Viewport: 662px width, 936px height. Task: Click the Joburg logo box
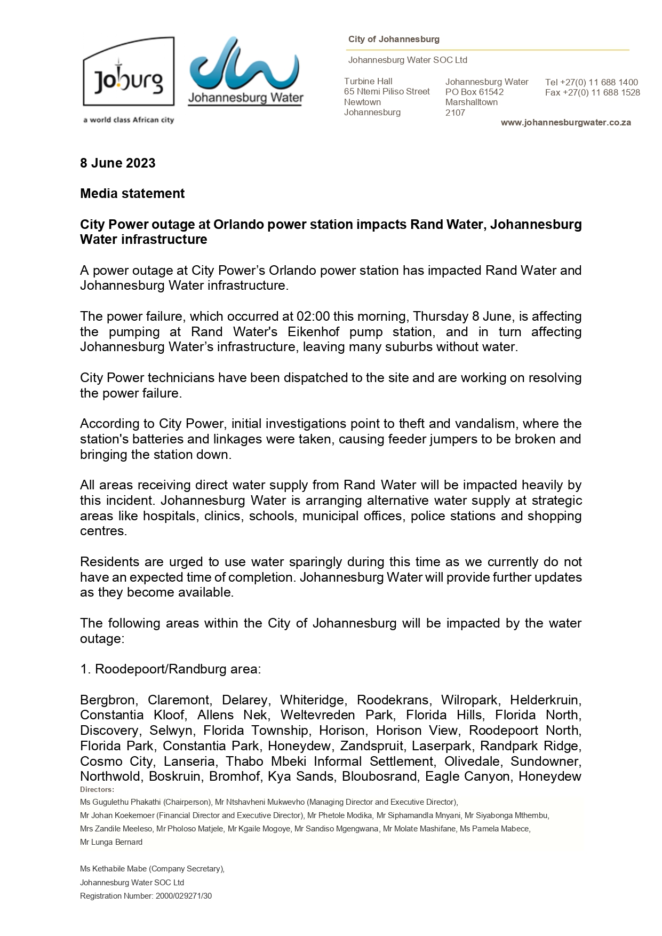(129, 72)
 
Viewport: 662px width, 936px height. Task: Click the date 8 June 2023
(117, 163)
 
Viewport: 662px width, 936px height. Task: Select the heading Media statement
(132, 194)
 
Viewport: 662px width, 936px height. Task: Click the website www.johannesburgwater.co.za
(565, 123)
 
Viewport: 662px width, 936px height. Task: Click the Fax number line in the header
(592, 93)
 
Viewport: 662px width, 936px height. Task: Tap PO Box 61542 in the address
(474, 92)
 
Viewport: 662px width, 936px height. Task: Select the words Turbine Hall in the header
(368, 81)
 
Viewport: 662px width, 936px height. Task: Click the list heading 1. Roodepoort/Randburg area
(171, 669)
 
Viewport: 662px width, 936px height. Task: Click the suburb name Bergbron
(109, 700)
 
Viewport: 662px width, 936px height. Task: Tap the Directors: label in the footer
(97, 789)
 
